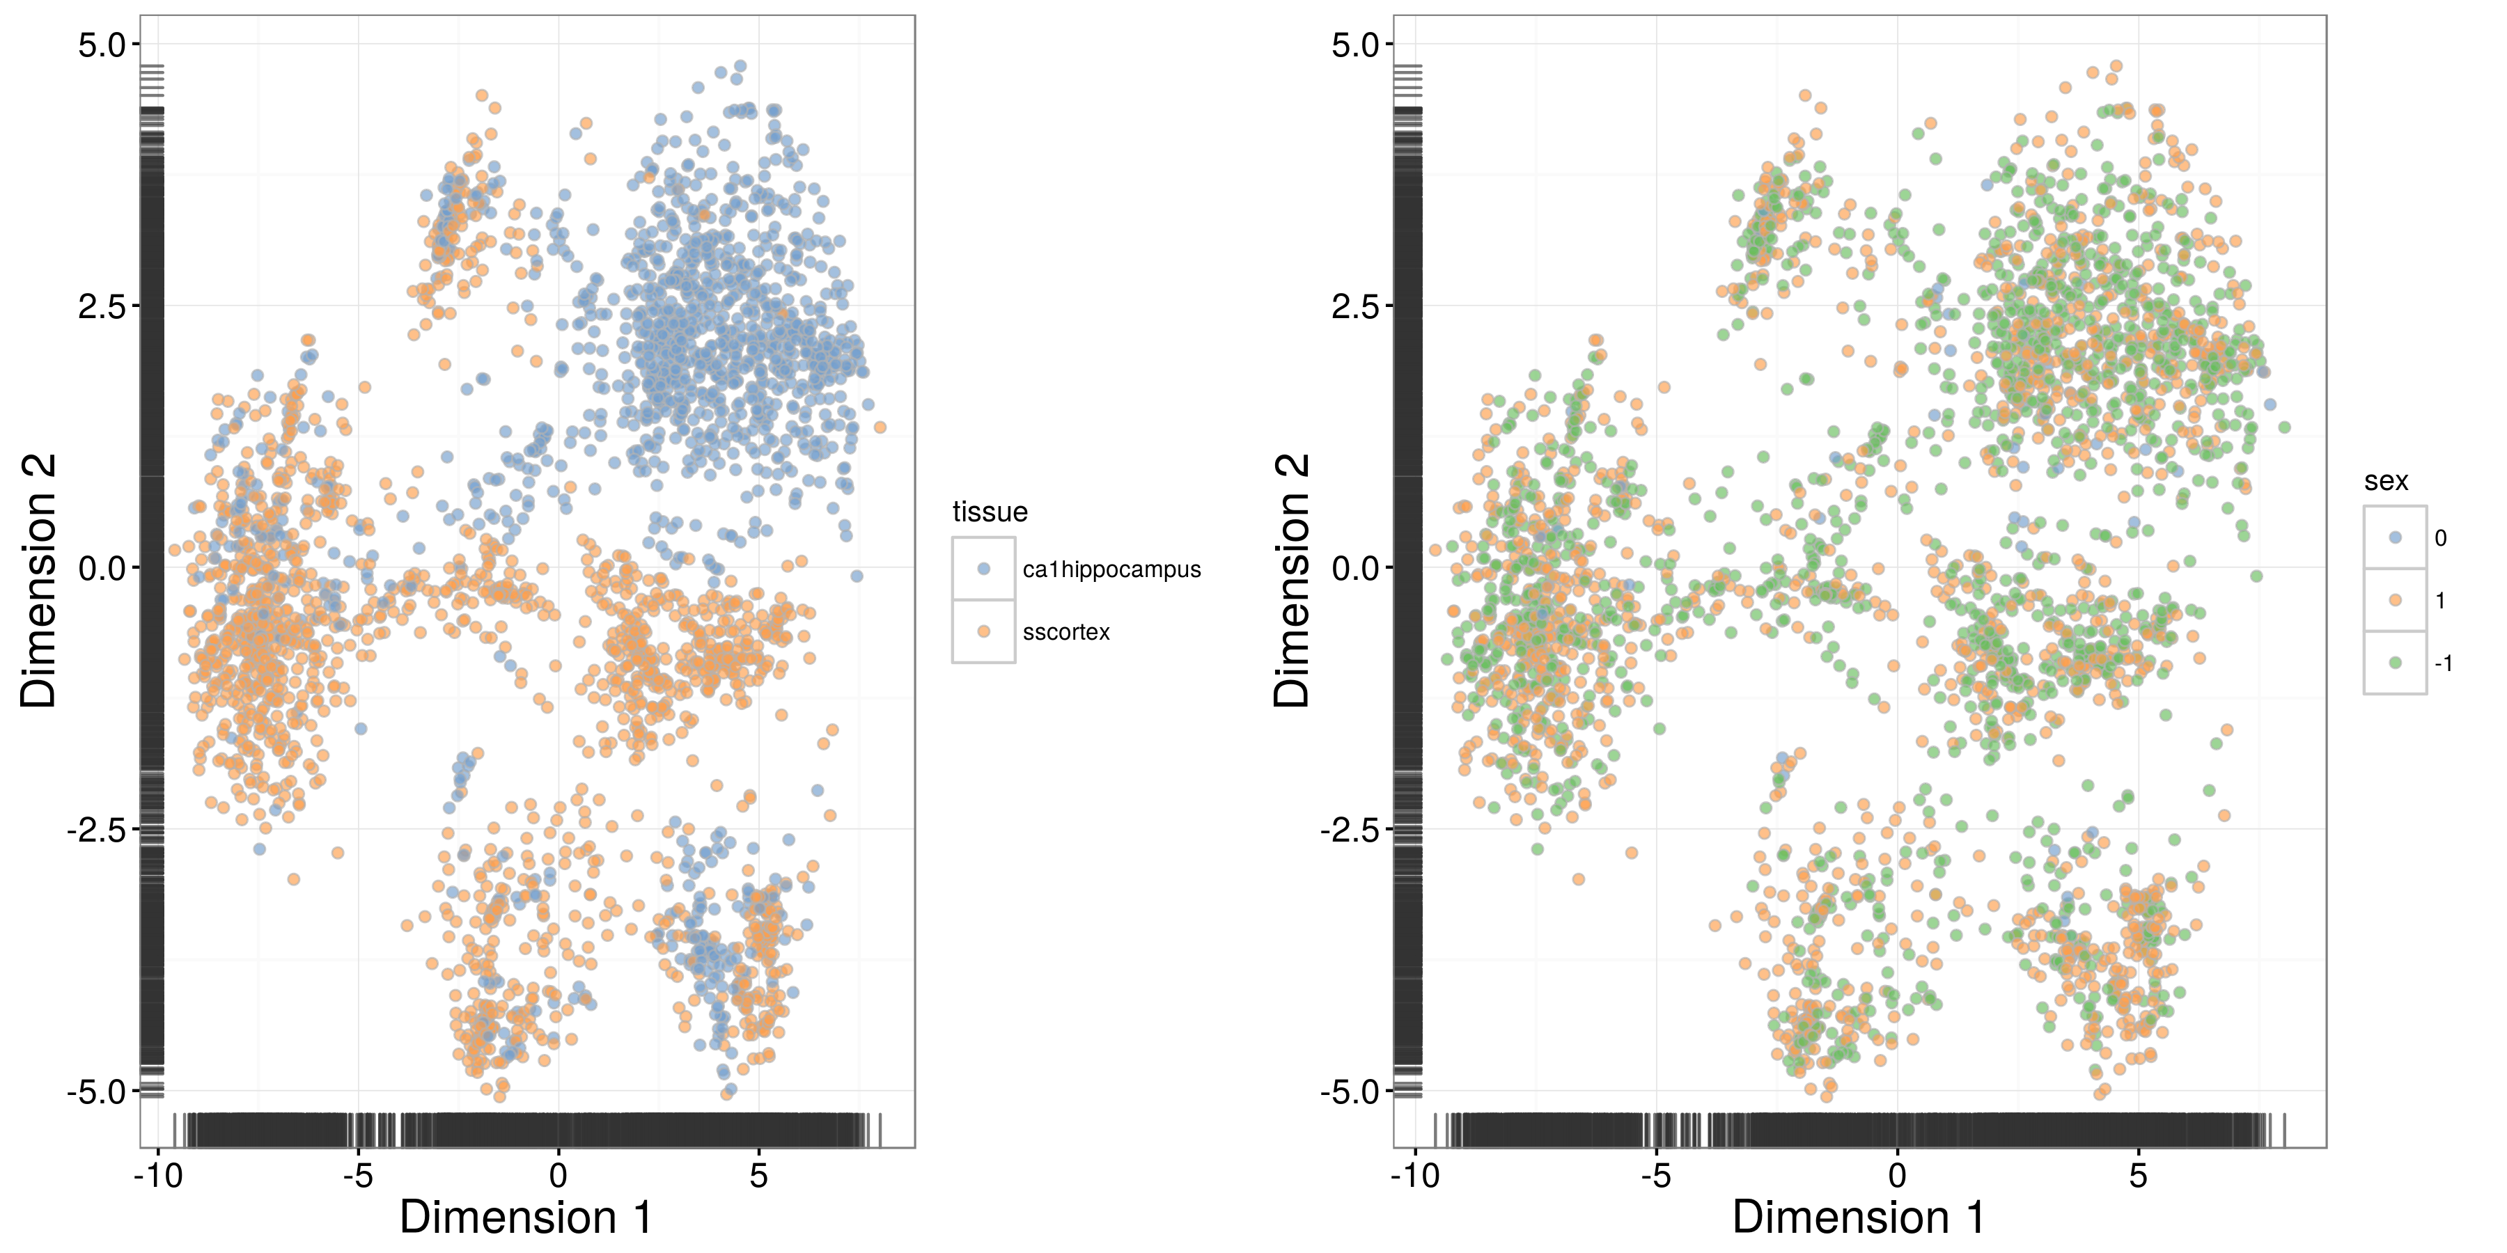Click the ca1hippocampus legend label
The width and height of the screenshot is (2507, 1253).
pyautogui.click(x=1111, y=570)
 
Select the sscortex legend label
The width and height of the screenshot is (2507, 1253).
pyautogui.click(x=1065, y=632)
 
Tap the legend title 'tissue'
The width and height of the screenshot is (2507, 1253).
pyautogui.click(x=989, y=512)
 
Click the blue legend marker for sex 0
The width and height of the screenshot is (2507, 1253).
pyautogui.click(x=2395, y=537)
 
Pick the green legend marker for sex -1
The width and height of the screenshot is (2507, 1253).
pyautogui.click(x=2395, y=663)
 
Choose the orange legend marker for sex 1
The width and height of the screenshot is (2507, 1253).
pyautogui.click(x=2395, y=600)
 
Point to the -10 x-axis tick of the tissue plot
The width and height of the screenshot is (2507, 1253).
pyautogui.click(x=157, y=1177)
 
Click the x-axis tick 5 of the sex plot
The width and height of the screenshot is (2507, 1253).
pyautogui.click(x=2137, y=1177)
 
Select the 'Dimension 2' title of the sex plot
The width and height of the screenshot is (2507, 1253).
pyautogui.click(x=1292, y=580)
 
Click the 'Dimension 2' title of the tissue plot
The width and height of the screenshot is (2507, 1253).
pyautogui.click(x=39, y=580)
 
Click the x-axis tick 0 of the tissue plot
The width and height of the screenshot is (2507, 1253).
pyautogui.click(x=558, y=1177)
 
